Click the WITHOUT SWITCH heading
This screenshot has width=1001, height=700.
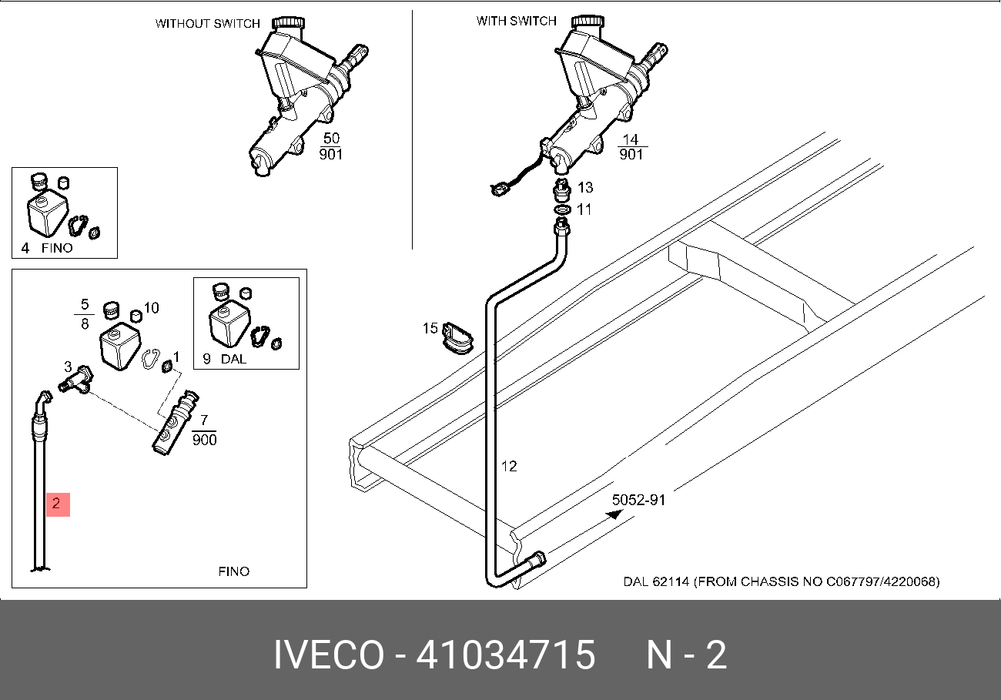(208, 24)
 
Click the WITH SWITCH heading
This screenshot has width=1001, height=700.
(516, 22)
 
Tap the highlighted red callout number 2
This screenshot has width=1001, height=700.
(57, 504)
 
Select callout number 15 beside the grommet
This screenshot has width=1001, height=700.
(430, 329)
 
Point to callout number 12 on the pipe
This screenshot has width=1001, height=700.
(509, 466)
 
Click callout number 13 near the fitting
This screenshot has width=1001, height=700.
(585, 188)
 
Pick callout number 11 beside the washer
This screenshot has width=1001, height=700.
(584, 209)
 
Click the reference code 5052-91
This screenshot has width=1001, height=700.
(638, 500)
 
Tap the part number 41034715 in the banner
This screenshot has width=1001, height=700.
(506, 655)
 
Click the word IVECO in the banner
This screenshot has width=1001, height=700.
(329, 655)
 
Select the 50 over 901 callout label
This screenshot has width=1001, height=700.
(331, 146)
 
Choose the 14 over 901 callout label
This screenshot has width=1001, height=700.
(631, 146)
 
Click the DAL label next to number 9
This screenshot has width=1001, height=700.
(234, 358)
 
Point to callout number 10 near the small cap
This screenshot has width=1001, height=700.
(151, 308)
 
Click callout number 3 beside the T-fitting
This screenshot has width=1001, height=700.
(68, 367)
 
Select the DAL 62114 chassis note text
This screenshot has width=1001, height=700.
(781, 581)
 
